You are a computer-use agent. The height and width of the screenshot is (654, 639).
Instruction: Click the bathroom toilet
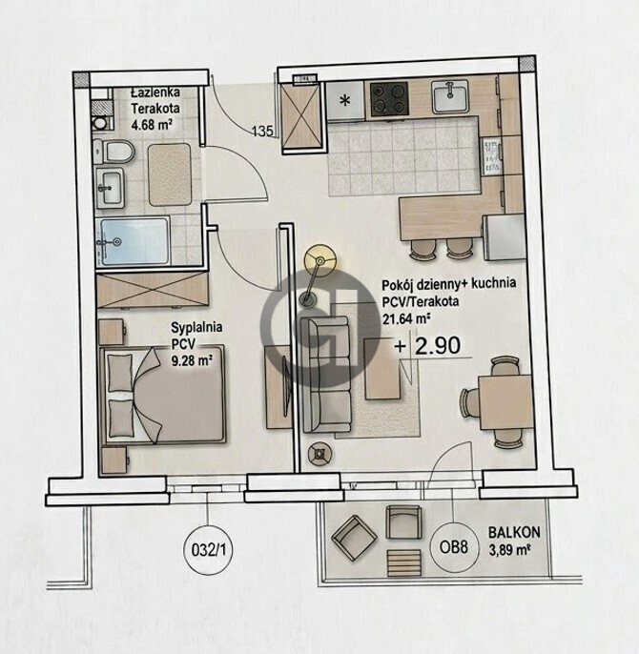113,152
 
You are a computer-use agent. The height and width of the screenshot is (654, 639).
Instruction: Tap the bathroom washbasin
110,188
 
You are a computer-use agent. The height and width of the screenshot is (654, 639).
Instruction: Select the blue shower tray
134,241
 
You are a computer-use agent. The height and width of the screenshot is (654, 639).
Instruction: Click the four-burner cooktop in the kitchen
389,98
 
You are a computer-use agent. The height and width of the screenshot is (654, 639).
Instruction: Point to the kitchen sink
450,97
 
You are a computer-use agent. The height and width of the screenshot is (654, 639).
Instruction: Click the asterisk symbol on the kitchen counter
345,100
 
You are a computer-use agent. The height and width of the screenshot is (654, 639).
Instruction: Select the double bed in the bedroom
163,394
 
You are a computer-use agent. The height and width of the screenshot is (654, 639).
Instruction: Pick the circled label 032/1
208,550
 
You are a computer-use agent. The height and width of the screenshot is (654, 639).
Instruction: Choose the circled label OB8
454,547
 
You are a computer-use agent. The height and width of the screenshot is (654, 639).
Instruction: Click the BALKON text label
514,532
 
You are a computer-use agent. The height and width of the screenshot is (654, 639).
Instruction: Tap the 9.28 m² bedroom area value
192,360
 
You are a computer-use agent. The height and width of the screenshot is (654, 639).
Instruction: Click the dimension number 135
262,132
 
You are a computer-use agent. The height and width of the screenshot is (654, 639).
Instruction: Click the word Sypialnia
196,328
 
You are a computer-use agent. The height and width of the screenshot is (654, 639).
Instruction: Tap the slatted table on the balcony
404,563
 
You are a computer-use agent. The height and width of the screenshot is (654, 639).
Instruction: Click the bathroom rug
170,174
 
